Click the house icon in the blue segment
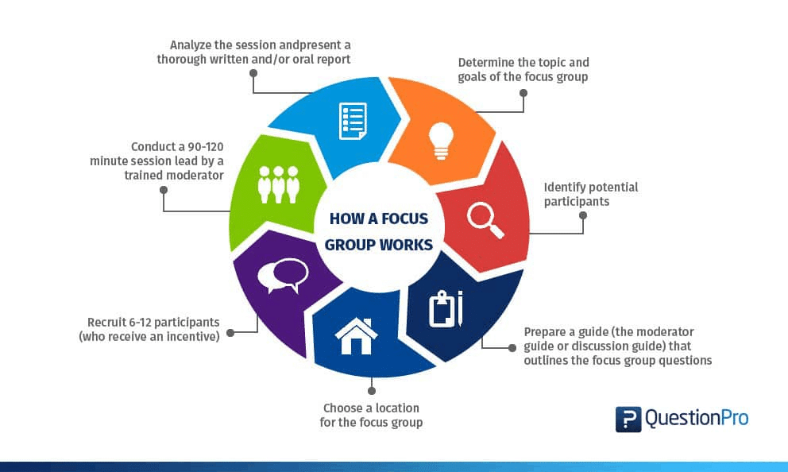pos(356,335)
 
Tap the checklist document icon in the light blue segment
pos(352,121)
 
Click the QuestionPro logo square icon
pos(628,419)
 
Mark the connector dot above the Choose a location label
pos(371,390)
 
